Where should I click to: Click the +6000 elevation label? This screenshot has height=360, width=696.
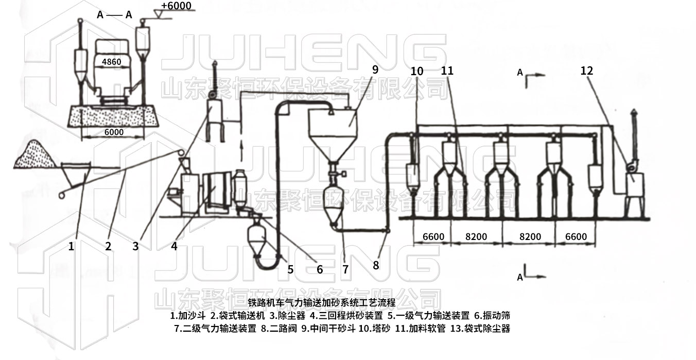[176, 6]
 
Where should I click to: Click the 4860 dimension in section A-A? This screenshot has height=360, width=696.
[112, 62]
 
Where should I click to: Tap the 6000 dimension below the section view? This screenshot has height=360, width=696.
[113, 132]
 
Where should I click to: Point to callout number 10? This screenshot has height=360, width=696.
[417, 71]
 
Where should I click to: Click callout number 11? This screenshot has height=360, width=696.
[447, 71]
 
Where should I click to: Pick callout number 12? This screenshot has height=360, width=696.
[586, 71]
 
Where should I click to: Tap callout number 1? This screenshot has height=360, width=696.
[72, 246]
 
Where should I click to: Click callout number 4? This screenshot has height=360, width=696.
[174, 246]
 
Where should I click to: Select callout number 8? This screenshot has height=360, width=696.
[376, 265]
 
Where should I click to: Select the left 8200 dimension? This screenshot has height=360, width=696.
[476, 237]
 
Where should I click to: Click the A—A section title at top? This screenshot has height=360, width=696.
[114, 15]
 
